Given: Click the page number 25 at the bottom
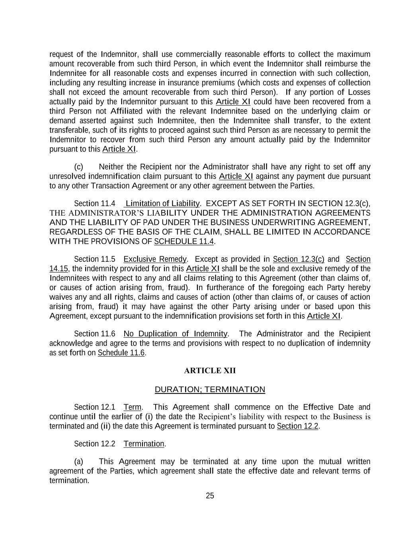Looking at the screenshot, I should coord(210,496).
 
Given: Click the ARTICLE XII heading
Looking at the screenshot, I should coord(210,371).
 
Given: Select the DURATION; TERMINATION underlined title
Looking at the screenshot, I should coord(210,389).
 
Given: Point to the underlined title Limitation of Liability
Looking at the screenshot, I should coord(162,203).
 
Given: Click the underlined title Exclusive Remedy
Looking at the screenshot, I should coord(155,259).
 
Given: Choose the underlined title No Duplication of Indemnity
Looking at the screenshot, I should coord(175,334).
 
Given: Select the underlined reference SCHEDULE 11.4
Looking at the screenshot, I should coord(184,241).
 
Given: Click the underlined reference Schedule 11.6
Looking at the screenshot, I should coord(121,353).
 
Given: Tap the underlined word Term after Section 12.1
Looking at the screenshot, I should coord(133,407).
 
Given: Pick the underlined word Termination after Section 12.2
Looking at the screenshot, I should coord(144,444).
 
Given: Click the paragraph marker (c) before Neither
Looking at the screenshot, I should coord(79,167).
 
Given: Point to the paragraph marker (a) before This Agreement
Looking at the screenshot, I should coord(79,462).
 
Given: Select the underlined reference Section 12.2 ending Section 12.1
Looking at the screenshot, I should coord(298,426).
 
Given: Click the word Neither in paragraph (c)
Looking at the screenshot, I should coord(111,167).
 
